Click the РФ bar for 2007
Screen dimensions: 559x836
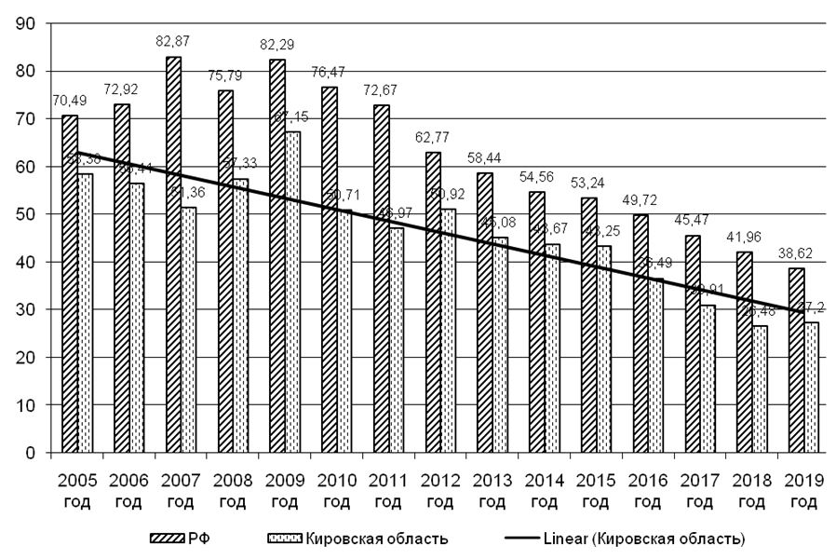[x=173, y=255]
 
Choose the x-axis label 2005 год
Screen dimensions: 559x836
[x=78, y=492]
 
